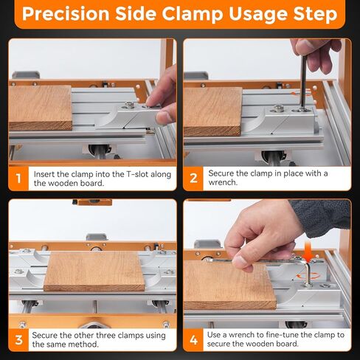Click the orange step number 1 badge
tap(18, 179)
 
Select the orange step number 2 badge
tap(193, 179)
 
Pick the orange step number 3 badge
tap(18, 340)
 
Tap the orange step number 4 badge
tap(193, 340)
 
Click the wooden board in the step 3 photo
tap(94, 271)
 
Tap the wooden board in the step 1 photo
tap(40, 108)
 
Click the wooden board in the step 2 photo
tap(212, 111)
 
